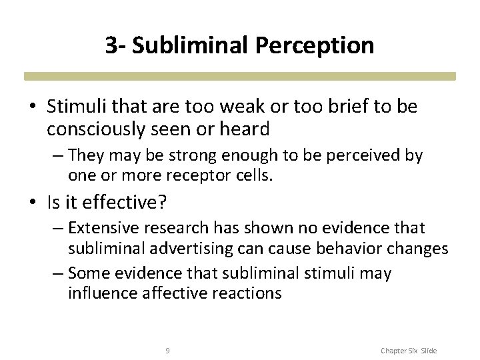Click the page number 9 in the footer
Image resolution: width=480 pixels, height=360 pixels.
(167, 349)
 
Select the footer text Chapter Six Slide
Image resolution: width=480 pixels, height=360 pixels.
(409, 350)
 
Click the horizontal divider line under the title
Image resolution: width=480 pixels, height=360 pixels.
(240, 76)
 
